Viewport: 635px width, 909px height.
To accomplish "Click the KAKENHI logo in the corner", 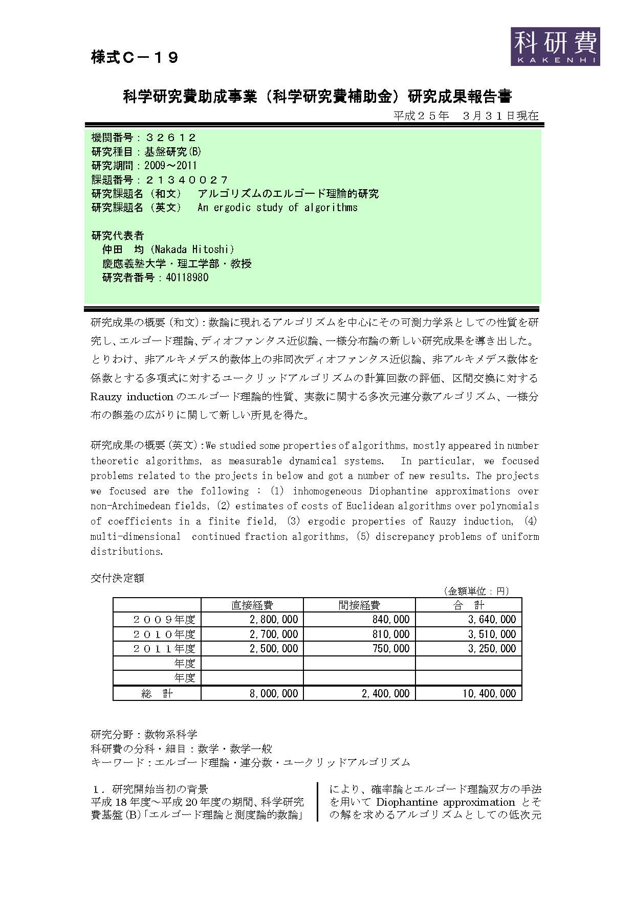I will (555, 46).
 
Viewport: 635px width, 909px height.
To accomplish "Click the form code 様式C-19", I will (135, 58).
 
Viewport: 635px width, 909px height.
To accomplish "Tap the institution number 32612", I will (171, 138).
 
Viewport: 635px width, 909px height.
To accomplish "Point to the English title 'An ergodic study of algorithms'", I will (277, 208).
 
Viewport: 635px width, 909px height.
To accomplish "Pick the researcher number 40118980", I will (187, 278).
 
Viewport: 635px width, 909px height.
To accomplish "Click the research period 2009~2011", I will (170, 166).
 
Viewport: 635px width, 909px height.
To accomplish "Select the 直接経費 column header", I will (252, 605).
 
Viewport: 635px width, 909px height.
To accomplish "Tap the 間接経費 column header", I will (359, 605).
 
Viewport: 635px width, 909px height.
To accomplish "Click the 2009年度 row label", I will (164, 620).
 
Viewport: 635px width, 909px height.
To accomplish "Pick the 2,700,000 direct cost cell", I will (274, 634).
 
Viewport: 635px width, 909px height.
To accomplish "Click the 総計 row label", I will (157, 694).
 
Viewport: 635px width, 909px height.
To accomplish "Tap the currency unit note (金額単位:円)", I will (476, 591).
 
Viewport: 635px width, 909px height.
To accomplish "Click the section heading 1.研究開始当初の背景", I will (150, 789).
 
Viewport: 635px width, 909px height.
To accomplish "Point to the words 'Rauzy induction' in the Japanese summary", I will (132, 397).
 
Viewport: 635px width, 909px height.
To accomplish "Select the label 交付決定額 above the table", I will (117, 578).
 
